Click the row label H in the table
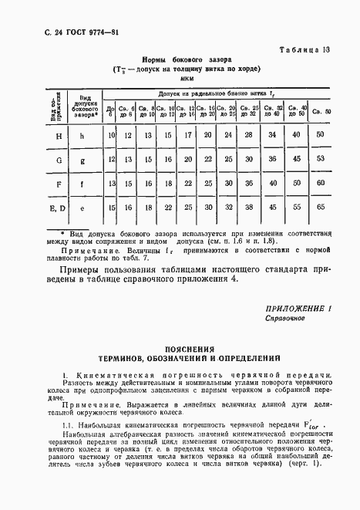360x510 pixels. tap(37, 136)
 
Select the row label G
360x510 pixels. tap(37, 160)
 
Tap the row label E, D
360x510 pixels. tap(37, 208)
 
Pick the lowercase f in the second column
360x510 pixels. tap(82, 184)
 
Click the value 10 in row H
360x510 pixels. tap(111, 136)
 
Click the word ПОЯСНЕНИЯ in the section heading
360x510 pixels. tap(187, 349)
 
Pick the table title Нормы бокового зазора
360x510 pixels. tap(187, 59)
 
